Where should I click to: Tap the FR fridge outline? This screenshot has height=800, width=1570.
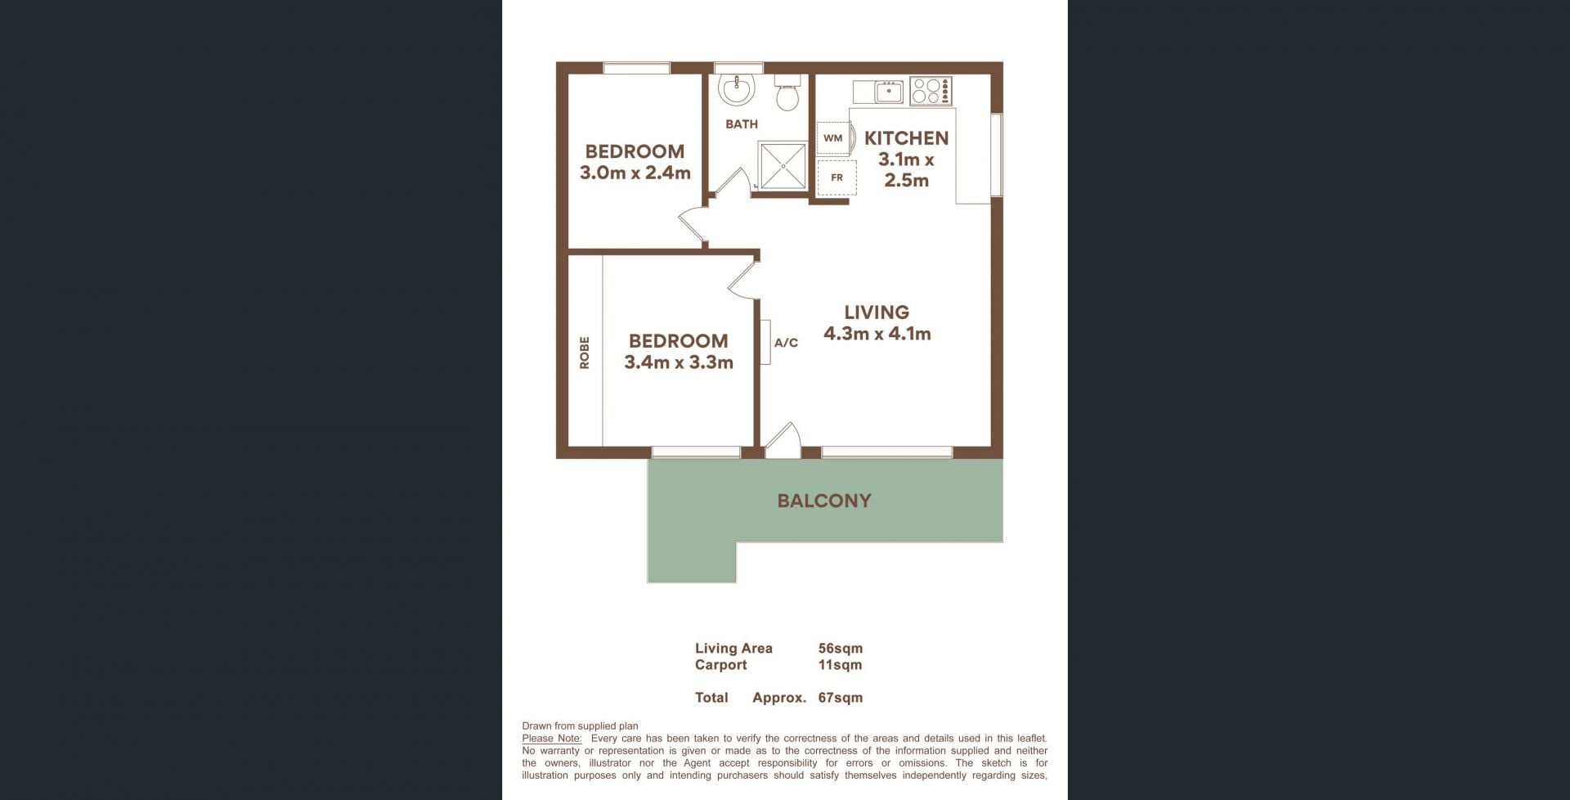[837, 178]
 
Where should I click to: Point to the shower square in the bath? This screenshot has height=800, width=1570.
[783, 166]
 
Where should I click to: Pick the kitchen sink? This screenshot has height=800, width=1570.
[878, 92]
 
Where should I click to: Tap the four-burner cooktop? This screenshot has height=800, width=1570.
[931, 91]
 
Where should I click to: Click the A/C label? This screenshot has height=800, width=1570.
[786, 343]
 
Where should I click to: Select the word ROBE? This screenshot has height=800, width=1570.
[584, 353]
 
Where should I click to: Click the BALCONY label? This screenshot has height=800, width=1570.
[824, 501]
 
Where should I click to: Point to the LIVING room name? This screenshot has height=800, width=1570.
[877, 312]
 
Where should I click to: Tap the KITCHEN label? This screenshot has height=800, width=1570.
[907, 138]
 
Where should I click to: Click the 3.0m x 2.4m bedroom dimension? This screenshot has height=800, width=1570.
[635, 173]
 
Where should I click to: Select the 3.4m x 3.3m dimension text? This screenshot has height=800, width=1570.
[679, 362]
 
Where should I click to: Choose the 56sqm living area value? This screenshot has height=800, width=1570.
[841, 649]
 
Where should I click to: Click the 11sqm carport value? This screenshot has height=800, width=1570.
[841, 665]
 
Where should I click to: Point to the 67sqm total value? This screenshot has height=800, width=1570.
[841, 698]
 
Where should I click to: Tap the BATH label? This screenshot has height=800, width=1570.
[742, 124]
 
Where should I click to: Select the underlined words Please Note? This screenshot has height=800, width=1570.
[552, 739]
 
